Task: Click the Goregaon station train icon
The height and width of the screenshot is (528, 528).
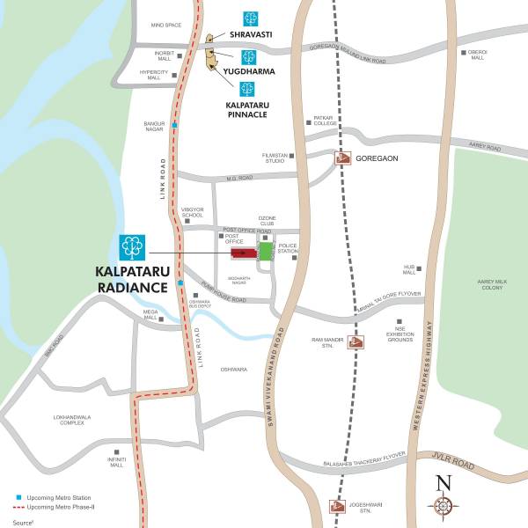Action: tap(342, 159)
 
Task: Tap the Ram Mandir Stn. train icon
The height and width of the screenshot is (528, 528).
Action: tap(356, 342)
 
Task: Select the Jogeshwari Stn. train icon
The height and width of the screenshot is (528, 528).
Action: tap(338, 506)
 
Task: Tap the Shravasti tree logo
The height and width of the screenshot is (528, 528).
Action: tap(252, 18)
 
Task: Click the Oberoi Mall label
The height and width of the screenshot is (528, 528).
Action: tap(477, 55)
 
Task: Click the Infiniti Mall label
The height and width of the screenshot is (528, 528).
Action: tap(117, 461)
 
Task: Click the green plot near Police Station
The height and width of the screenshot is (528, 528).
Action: tap(266, 252)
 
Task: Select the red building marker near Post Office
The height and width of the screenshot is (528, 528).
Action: tap(239, 253)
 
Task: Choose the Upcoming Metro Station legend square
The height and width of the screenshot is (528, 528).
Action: tap(18, 498)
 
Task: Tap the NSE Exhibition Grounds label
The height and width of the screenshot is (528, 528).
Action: tap(399, 334)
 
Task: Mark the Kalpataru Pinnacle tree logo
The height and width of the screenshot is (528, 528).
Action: tap(247, 89)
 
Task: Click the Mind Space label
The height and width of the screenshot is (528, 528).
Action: tap(166, 26)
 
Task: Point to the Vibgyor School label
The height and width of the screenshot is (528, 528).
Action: tap(192, 212)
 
